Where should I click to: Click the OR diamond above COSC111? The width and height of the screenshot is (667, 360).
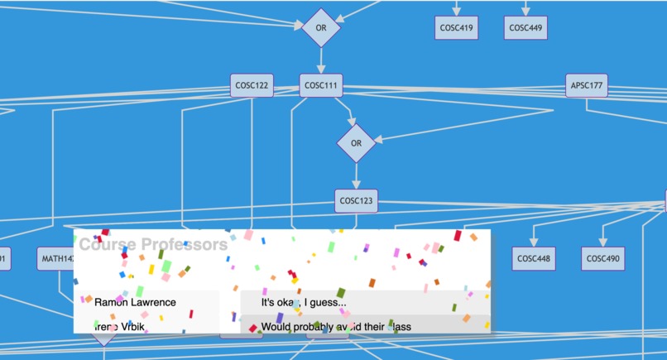point(322,27)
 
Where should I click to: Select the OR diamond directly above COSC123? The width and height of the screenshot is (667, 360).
point(357,143)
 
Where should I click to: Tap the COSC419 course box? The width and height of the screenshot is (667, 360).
point(457,27)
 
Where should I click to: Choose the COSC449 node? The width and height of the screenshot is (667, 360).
point(525,27)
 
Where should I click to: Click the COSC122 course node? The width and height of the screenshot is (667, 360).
point(252,85)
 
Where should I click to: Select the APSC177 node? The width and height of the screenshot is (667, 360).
point(587,85)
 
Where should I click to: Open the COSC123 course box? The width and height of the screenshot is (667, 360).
point(357,200)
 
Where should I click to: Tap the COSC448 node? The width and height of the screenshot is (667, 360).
point(534,259)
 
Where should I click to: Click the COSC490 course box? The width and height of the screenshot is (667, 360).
point(603,259)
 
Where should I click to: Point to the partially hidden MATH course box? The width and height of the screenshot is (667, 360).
point(55,259)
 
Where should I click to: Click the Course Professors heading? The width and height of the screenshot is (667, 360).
point(153,244)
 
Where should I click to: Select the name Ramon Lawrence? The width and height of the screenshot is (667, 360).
point(135,302)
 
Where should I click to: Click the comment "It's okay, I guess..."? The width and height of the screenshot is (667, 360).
point(304,302)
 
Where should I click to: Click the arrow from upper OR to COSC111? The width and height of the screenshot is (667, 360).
point(322,60)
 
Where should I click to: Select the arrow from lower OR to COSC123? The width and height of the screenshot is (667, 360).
point(357,175)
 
